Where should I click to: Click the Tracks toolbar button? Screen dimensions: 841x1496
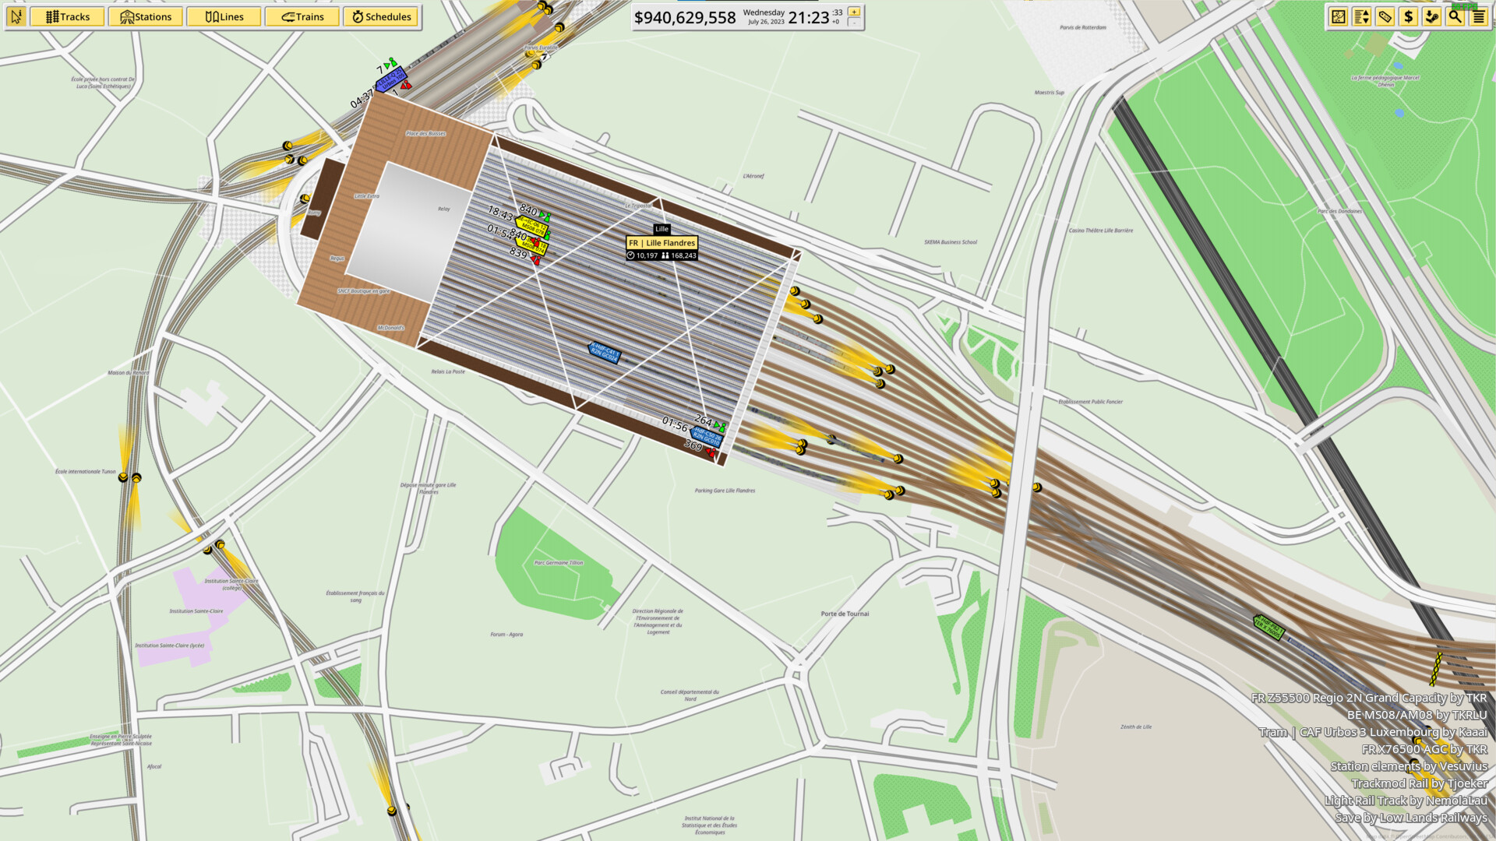(67, 16)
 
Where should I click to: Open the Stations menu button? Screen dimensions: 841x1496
(146, 16)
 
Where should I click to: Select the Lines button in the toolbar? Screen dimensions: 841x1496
(224, 16)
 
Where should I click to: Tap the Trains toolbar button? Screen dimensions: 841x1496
(302, 16)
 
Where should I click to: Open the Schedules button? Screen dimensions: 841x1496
(381, 16)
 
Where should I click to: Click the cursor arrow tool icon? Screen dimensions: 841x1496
(16, 16)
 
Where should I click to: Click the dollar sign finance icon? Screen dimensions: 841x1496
(1408, 16)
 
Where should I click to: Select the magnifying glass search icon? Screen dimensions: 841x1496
(1455, 16)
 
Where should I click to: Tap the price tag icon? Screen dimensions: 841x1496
(1385, 16)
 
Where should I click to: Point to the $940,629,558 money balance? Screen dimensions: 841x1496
(684, 17)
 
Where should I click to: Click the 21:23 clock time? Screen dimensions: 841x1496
(808, 17)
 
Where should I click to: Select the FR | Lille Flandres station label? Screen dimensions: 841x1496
(662, 243)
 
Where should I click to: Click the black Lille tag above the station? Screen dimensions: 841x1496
(662, 229)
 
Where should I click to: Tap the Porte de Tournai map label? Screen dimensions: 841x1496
(845, 614)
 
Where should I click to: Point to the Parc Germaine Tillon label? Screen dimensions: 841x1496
(558, 562)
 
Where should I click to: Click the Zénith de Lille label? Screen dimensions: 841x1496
(1136, 727)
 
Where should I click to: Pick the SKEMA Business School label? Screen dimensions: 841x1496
(951, 242)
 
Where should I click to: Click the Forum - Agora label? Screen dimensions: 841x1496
(506, 635)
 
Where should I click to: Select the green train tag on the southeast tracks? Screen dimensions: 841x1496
(1268, 627)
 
